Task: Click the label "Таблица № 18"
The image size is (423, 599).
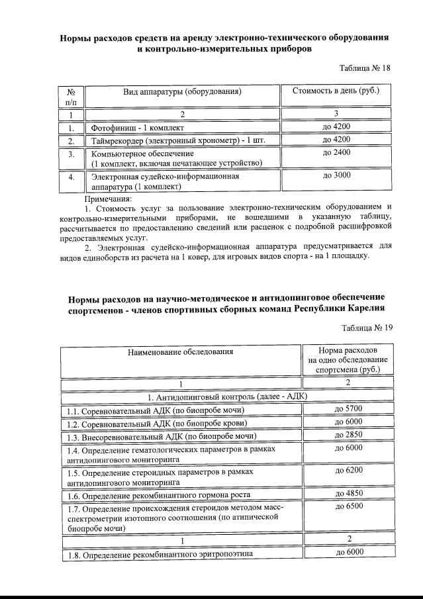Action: click(x=365, y=68)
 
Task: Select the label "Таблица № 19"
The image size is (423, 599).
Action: click(x=367, y=328)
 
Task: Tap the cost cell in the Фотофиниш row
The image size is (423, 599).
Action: click(x=336, y=126)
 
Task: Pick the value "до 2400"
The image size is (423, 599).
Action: click(x=336, y=153)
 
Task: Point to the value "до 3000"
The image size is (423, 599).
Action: click(x=336, y=175)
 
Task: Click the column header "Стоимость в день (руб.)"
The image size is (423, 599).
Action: click(x=336, y=91)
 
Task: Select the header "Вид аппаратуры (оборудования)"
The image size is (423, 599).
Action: click(x=182, y=91)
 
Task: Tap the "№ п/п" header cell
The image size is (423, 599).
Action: click(x=71, y=96)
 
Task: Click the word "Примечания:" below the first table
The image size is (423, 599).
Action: click(x=109, y=198)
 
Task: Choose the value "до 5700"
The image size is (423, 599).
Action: click(x=349, y=410)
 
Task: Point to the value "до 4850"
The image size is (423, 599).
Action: click(x=349, y=493)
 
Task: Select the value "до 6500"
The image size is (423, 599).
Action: click(x=349, y=506)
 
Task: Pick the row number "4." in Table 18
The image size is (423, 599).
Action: click(x=71, y=177)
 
